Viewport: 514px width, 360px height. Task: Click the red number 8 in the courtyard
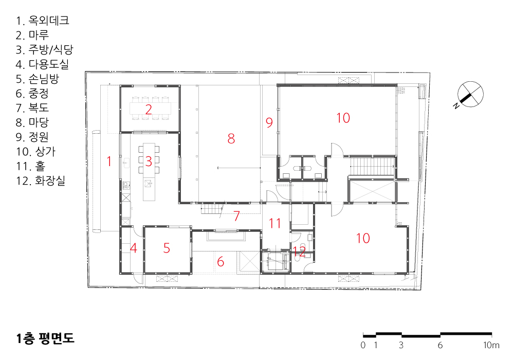point(231,139)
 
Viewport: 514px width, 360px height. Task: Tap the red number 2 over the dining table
point(149,110)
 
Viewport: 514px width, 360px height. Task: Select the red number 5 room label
point(167,248)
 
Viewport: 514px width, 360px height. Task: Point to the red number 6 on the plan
point(221,262)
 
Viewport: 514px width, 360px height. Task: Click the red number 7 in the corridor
point(236,216)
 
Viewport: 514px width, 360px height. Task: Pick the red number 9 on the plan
point(269,122)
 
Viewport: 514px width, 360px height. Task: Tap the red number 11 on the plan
point(274,224)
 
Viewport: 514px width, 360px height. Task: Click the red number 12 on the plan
point(299,251)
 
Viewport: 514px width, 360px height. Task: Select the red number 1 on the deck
point(109,161)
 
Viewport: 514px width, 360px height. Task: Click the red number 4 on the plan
point(134,248)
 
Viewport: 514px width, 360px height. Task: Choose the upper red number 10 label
point(343,118)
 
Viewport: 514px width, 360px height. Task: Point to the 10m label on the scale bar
point(491,345)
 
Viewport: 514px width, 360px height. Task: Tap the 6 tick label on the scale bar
point(440,345)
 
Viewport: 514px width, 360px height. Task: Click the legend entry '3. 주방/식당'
point(44,50)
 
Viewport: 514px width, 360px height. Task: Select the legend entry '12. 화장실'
point(41,181)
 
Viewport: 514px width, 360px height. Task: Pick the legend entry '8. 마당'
point(32,122)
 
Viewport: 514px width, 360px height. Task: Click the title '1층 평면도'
point(45,338)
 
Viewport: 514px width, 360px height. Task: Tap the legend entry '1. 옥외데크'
point(42,21)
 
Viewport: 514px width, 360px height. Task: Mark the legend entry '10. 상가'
point(36,152)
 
